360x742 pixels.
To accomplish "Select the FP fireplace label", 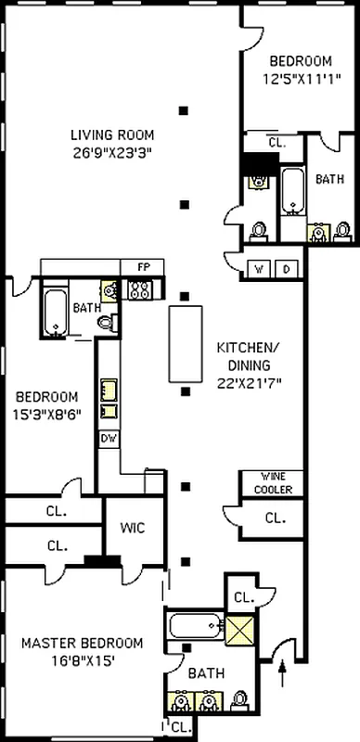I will click(x=143, y=267).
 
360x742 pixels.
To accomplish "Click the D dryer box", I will click(x=287, y=269).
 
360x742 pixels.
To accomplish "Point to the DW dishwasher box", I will click(x=108, y=437).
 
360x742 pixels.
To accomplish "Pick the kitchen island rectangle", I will click(x=186, y=343).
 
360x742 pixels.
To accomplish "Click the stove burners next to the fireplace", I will click(x=142, y=290).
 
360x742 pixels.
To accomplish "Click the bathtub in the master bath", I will click(x=196, y=625).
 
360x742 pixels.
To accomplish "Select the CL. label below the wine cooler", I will click(x=276, y=518).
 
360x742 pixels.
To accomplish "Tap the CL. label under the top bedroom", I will click(x=276, y=143).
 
